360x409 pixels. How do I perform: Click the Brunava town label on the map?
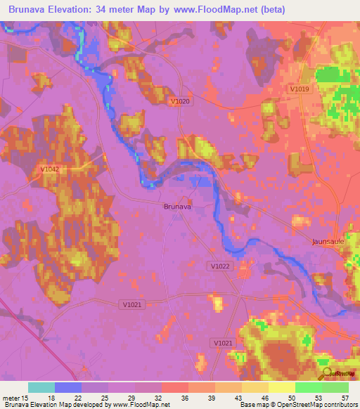[x=177, y=207]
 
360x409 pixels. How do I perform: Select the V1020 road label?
[x=181, y=101]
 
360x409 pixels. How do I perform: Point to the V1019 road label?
[x=300, y=89]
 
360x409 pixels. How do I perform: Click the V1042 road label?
[x=50, y=169]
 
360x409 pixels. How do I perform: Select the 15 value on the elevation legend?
[x=25, y=398]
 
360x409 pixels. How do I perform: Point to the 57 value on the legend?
[x=345, y=398]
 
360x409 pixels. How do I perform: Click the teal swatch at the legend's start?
[x=41, y=387]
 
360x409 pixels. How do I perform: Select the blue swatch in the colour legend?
[x=68, y=387]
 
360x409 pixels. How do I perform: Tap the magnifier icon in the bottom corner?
[x=326, y=375]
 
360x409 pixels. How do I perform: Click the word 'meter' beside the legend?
[x=12, y=398]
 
